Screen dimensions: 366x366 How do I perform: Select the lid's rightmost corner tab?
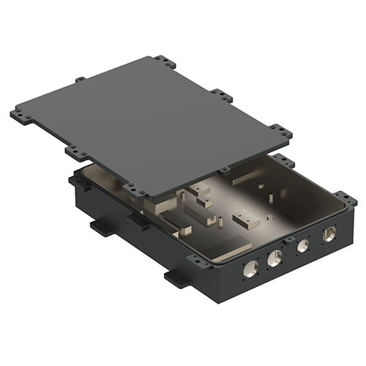280,133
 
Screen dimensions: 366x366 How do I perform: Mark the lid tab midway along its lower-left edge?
73,151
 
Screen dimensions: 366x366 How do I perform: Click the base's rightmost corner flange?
342,196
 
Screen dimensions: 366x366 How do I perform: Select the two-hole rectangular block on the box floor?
244,219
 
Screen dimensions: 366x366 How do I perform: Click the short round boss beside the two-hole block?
268,217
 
